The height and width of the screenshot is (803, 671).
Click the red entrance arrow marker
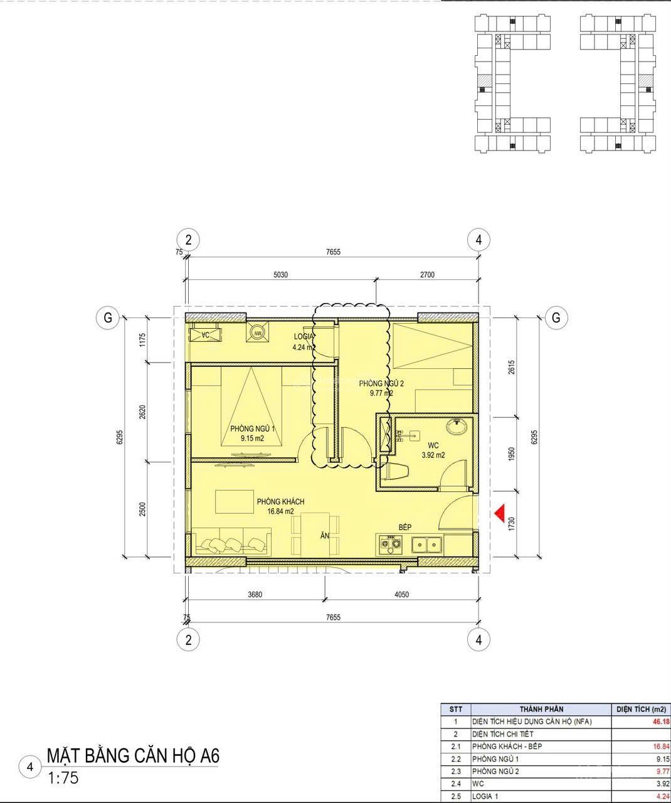point(500,513)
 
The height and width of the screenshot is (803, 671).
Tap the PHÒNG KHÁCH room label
point(280,501)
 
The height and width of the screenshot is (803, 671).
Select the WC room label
point(433,445)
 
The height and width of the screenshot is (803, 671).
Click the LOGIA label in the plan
point(304,336)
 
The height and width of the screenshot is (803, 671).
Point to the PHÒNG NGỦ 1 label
point(252,428)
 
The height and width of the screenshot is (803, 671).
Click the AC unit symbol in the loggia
point(205,334)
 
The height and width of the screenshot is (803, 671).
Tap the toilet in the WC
point(396,471)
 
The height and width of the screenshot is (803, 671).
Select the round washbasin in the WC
point(457,426)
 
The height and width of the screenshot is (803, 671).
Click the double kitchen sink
point(426,545)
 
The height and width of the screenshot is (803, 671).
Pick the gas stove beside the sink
point(390,543)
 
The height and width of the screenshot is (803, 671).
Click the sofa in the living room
point(231,541)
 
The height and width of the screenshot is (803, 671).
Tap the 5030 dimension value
point(281,275)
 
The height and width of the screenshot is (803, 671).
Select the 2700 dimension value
point(427,275)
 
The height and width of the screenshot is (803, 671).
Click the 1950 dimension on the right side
point(511,454)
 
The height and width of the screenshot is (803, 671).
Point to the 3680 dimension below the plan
point(255,595)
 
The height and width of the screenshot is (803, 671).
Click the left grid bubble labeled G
point(108,317)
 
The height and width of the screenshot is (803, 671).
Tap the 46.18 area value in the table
point(660,721)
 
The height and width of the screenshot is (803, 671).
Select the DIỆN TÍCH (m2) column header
point(641,709)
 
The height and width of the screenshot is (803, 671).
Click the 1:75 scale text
point(63,778)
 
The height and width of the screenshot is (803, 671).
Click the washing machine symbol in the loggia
point(258,332)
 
